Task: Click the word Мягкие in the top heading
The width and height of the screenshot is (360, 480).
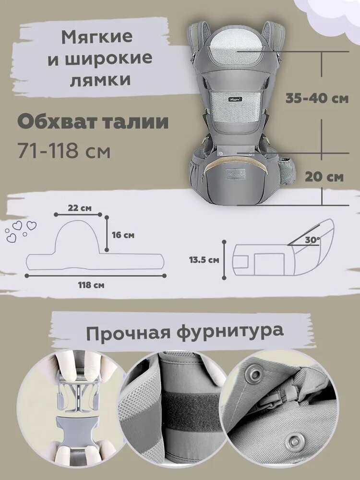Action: pos(97,37)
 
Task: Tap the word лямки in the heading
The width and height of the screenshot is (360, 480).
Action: pos(101,80)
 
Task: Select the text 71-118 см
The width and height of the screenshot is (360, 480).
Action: pos(64,151)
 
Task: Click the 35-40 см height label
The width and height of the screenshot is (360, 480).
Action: pos(317,98)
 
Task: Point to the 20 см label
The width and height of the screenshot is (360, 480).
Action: pos(324,177)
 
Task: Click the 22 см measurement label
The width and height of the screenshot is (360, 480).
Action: pos(79,208)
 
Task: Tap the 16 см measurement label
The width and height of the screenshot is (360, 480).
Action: pos(123,235)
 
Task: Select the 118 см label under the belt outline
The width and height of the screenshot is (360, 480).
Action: pos(91,285)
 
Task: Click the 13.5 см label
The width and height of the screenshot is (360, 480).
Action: pos(204,260)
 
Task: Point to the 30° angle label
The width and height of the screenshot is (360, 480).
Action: pos(312,240)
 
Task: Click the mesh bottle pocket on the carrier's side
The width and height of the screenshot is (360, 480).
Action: pos(288,168)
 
